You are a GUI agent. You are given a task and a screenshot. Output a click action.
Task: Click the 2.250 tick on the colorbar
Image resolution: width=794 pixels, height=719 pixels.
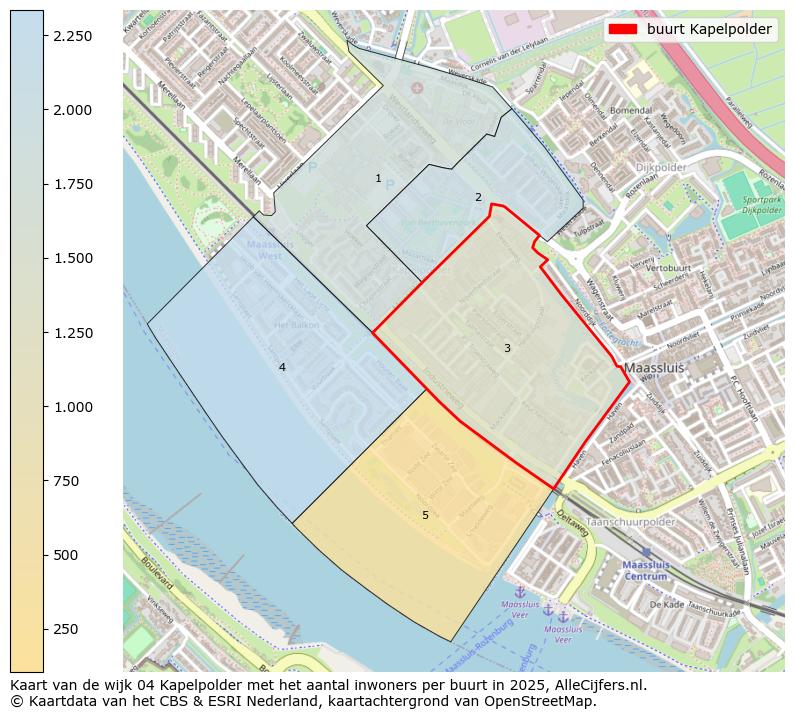click(x=44, y=36)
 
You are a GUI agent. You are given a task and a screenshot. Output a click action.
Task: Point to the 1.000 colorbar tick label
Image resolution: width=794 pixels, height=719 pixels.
click(x=73, y=407)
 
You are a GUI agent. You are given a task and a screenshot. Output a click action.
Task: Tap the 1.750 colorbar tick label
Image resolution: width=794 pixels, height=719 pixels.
click(x=73, y=184)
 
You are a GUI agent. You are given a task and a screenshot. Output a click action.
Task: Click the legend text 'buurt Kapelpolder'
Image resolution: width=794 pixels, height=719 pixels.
click(x=709, y=30)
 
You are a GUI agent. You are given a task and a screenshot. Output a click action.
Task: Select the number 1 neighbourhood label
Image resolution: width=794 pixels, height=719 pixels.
click(x=378, y=179)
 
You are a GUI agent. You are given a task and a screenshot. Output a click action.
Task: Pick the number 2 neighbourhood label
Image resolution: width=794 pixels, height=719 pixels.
click(x=478, y=197)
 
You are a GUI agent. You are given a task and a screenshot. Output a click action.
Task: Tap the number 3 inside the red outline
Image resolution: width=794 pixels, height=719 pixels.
click(x=507, y=348)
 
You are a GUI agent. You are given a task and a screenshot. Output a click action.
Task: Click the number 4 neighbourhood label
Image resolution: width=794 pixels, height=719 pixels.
click(x=282, y=368)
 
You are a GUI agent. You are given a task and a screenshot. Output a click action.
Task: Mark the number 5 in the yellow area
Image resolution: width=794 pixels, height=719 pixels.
click(x=425, y=515)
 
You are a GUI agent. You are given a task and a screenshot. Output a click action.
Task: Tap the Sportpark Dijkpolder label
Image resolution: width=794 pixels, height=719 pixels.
click(x=761, y=205)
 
